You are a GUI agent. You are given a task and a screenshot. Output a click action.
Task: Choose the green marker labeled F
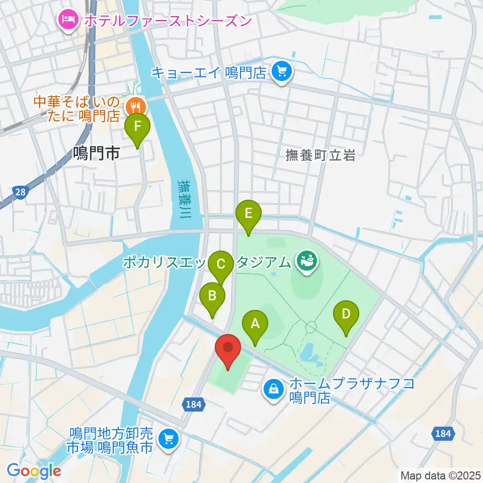(x=138, y=129)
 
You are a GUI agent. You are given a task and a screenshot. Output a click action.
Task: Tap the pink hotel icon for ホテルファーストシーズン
(x=67, y=21)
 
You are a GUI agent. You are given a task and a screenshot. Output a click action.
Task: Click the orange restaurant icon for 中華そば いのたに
(x=134, y=106)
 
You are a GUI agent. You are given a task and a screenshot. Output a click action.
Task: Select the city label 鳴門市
(x=96, y=153)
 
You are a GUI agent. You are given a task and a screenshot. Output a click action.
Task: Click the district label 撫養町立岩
(x=320, y=155)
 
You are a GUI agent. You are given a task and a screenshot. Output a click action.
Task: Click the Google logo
(x=34, y=471)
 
